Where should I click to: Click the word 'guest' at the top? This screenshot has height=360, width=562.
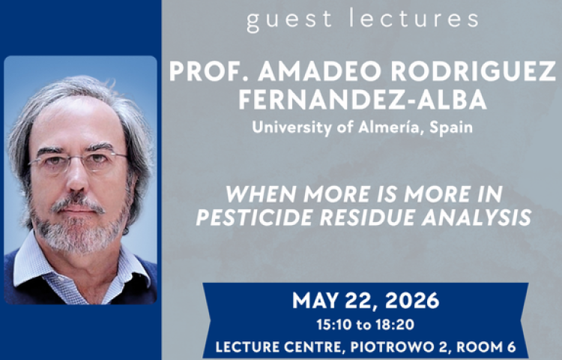(x=289, y=20)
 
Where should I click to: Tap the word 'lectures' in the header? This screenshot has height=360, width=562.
(x=414, y=18)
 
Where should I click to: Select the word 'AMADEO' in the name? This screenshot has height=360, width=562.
(x=319, y=71)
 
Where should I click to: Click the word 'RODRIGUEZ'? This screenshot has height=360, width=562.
(x=473, y=71)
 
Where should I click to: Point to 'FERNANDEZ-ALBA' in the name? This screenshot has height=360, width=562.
(x=363, y=99)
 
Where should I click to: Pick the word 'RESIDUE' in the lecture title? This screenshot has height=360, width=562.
(x=367, y=217)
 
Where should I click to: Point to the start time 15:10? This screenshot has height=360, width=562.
(x=333, y=325)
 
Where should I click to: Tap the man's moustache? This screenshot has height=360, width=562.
(x=77, y=202)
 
